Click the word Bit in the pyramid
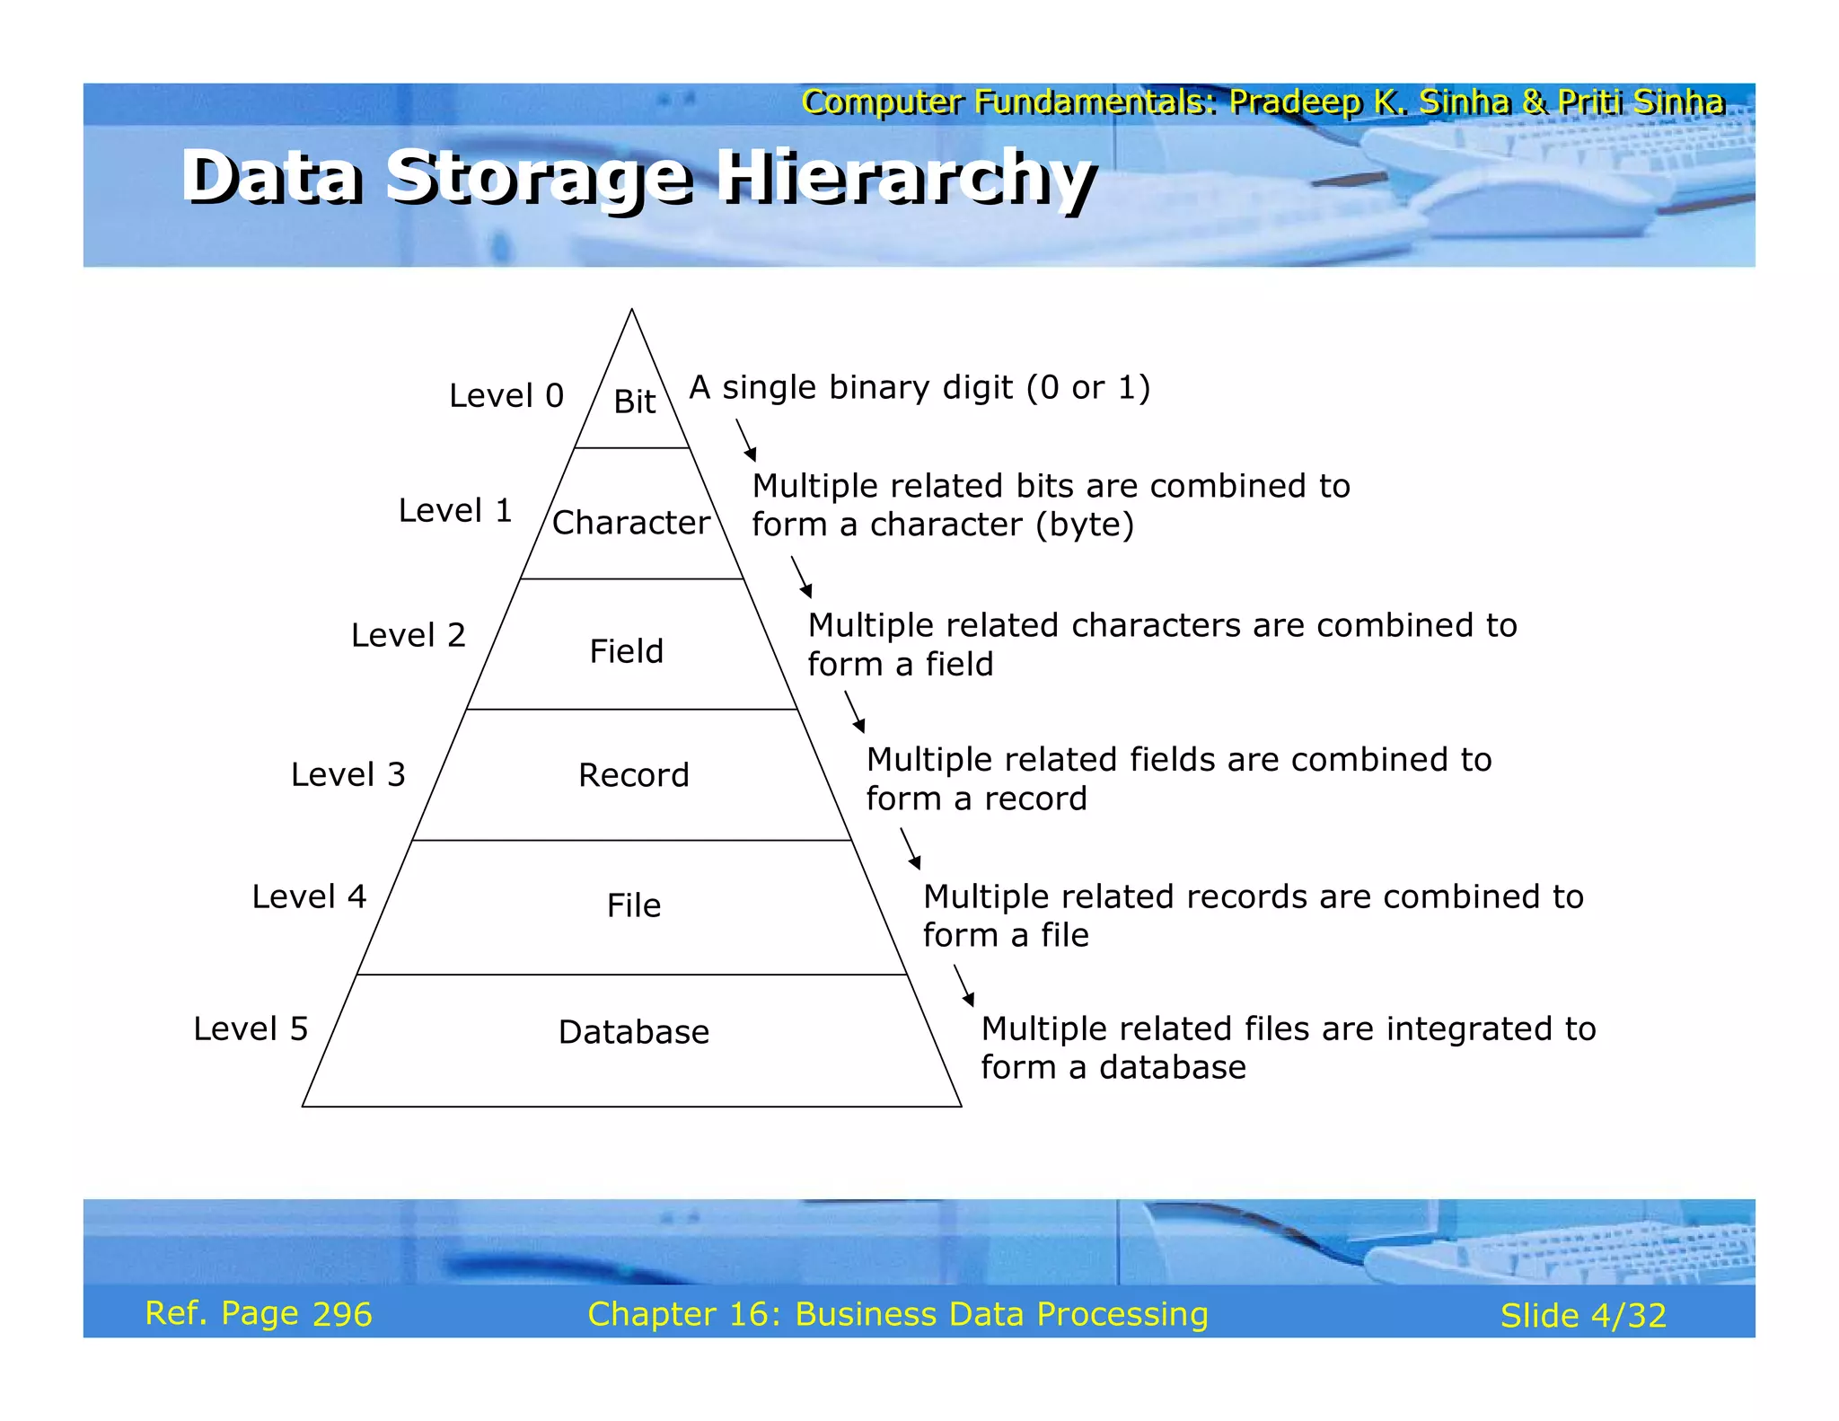pyautogui.click(x=634, y=401)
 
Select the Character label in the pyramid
pyautogui.click(x=630, y=522)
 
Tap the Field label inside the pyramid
pyautogui.click(x=626, y=650)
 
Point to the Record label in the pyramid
pyautogui.click(x=633, y=774)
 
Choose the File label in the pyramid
pyautogui.click(x=633, y=905)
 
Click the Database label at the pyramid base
pyautogui.click(x=633, y=1031)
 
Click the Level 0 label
pyautogui.click(x=506, y=395)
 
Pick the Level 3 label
pyautogui.click(x=348, y=774)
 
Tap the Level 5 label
pyautogui.click(x=251, y=1028)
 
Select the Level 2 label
pyautogui.click(x=408, y=635)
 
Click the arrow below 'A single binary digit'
pyautogui.click(x=746, y=440)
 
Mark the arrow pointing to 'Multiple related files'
pyautogui.click(x=963, y=985)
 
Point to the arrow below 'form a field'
pyautogui.click(x=855, y=711)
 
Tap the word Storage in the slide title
pyautogui.click(x=539, y=177)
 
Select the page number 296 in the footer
pyautogui.click(x=341, y=1314)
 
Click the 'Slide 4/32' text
pyautogui.click(x=1582, y=1316)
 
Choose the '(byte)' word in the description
pyautogui.click(x=1084, y=525)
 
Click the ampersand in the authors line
pyautogui.click(x=1534, y=102)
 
